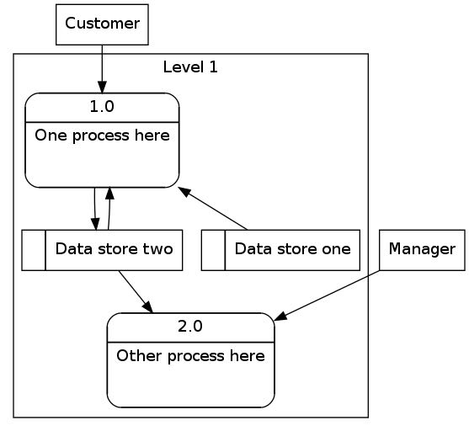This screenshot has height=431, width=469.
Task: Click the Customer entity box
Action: pyautogui.click(x=102, y=24)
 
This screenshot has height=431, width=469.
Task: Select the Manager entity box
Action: pyautogui.click(x=422, y=250)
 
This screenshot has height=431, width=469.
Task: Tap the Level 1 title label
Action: pyautogui.click(x=190, y=67)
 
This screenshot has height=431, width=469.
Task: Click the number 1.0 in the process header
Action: pyautogui.click(x=102, y=106)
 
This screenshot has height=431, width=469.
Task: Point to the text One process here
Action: pyautogui.click(x=102, y=136)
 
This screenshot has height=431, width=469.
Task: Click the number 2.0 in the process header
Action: pyautogui.click(x=190, y=327)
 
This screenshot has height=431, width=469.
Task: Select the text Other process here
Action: pyautogui.click(x=190, y=356)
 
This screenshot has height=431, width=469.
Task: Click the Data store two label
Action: pyautogui.click(x=114, y=249)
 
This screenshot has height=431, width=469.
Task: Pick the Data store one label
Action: pyautogui.click(x=292, y=249)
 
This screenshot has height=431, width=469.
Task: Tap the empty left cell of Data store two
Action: pyautogui.click(x=34, y=250)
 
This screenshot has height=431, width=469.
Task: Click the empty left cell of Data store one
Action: pyautogui.click(x=213, y=250)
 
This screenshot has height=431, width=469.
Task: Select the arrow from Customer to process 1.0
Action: pyautogui.click(x=102, y=69)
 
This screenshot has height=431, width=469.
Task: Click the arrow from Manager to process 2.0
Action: pyautogui.click(x=327, y=295)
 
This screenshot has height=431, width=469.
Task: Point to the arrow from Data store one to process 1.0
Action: pyautogui.click(x=213, y=209)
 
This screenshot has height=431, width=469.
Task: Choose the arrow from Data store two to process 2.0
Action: pyautogui.click(x=136, y=291)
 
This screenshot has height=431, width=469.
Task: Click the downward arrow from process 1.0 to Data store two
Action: pyautogui.click(x=95, y=209)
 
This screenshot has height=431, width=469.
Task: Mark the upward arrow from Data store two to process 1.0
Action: pyautogui.click(x=109, y=209)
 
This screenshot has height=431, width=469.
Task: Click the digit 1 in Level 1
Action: pyautogui.click(x=213, y=67)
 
